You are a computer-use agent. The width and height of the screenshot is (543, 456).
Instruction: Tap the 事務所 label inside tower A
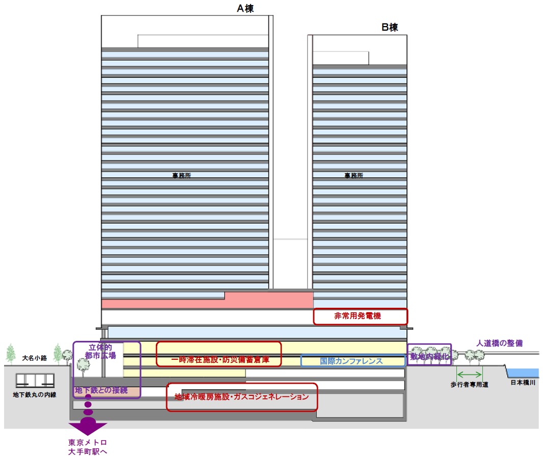click(182, 176)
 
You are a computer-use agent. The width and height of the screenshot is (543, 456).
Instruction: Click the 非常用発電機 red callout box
click(360, 316)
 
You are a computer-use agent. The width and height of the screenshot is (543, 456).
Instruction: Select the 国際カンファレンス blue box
click(353, 361)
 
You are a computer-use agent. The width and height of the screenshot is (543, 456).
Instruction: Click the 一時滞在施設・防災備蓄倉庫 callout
click(219, 354)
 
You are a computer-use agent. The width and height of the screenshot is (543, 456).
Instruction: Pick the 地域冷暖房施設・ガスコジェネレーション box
click(242, 397)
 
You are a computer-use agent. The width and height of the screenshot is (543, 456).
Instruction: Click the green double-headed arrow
click(469, 372)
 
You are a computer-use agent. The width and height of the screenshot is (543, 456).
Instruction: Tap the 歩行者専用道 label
click(469, 385)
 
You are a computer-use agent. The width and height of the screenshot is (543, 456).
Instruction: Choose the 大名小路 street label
click(35, 358)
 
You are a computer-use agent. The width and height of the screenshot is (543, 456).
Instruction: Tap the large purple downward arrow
click(88, 425)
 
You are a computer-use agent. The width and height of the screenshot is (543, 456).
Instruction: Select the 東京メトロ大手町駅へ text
click(88, 447)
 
